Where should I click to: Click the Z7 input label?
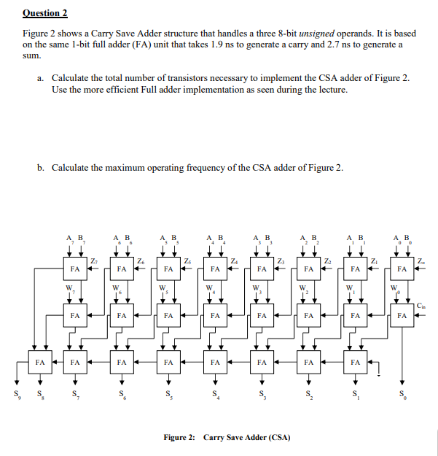point(95,260)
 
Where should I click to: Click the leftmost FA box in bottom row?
point(40,361)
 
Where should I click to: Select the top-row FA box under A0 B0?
point(402,269)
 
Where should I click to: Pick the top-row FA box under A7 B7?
point(75,269)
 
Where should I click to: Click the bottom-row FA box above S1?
point(356,361)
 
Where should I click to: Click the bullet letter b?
point(41,168)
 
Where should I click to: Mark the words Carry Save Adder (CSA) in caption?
point(248,438)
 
